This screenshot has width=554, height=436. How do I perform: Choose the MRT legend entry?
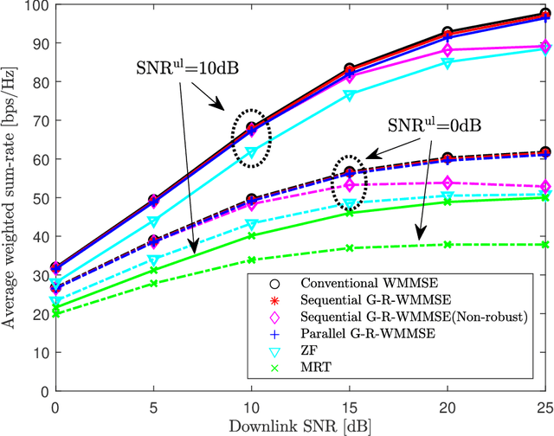(x=313, y=369)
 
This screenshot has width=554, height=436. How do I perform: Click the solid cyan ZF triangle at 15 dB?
(x=350, y=95)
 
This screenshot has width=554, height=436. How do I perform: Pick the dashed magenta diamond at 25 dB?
(x=544, y=187)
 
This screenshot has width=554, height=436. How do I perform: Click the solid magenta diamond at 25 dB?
(x=544, y=47)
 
